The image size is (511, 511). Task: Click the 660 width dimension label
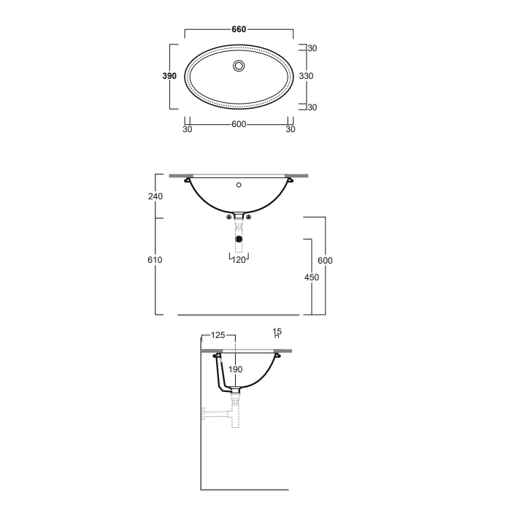pyautogui.click(x=239, y=29)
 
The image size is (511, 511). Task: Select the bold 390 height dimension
pyautogui.click(x=169, y=76)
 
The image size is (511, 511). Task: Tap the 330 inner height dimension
pyautogui.click(x=306, y=76)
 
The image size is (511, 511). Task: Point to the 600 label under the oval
pyautogui.click(x=239, y=124)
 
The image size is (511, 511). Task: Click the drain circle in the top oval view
pyautogui.click(x=239, y=66)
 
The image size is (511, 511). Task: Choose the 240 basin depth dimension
pyautogui.click(x=155, y=196)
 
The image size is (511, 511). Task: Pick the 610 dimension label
pyautogui.click(x=155, y=260)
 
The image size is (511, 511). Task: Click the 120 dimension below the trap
pyautogui.click(x=239, y=260)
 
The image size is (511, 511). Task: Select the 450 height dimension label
pyautogui.click(x=312, y=277)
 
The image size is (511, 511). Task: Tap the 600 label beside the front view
pyautogui.click(x=325, y=261)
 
